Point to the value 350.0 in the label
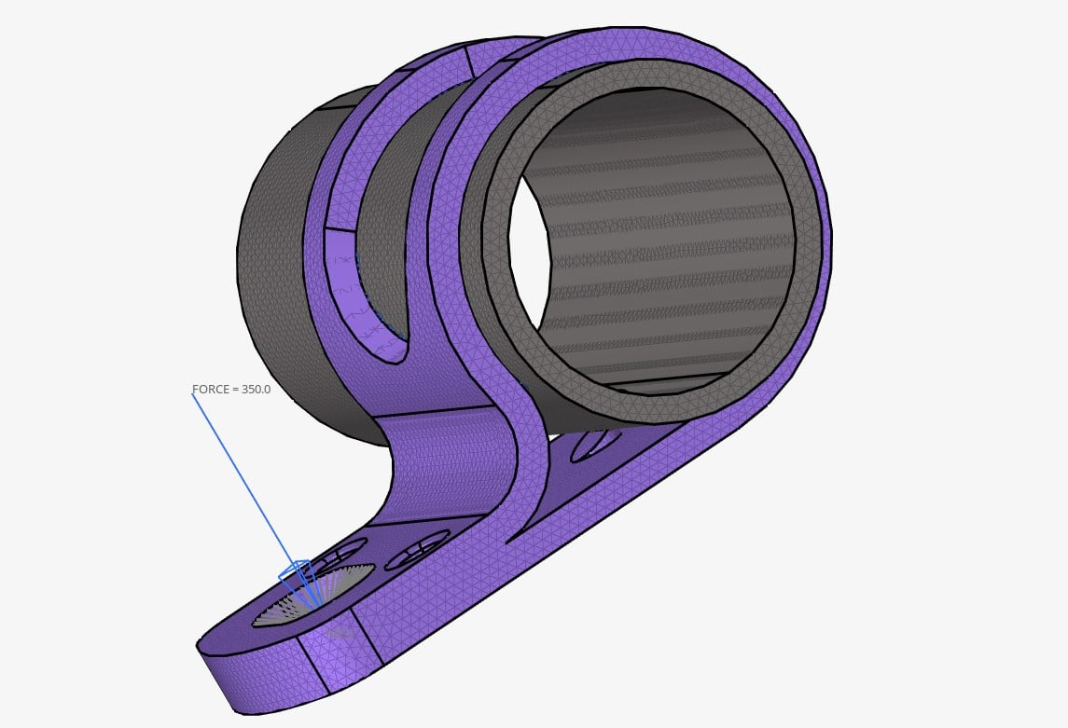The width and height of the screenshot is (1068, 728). coord(256,389)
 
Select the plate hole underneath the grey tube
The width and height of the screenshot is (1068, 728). coord(595,445)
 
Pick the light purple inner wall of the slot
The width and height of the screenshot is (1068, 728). coord(345,280)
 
